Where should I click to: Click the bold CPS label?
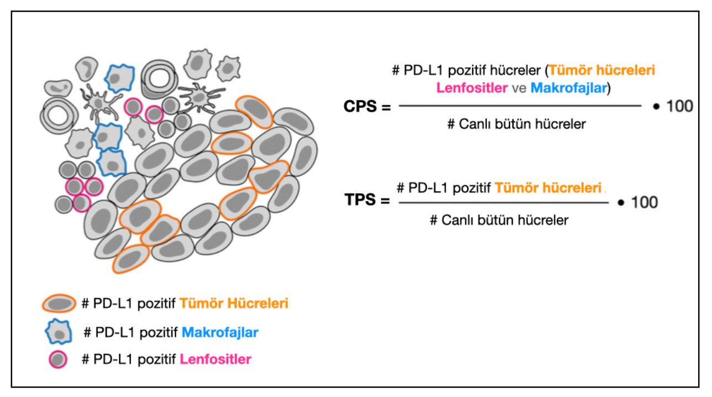coord(360,106)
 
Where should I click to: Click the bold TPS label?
coord(360,200)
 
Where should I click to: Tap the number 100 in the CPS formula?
coord(679,106)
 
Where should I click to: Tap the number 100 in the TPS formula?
coord(645,202)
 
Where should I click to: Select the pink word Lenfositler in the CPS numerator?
coord(472,88)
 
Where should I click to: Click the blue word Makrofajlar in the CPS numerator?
coord(569,88)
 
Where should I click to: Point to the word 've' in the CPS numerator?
coord(519,88)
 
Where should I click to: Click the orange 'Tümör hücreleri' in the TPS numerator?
coord(548,188)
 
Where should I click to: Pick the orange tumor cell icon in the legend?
coord(59,304)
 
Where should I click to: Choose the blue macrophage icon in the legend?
coord(59,332)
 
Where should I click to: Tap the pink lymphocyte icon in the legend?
coord(58,359)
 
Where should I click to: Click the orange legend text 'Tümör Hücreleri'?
coord(234,303)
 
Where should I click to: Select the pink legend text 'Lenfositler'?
coord(216,359)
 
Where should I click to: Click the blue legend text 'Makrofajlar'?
coord(220,332)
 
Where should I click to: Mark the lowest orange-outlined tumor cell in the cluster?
coord(130,259)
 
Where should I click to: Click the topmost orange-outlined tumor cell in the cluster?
coord(254,112)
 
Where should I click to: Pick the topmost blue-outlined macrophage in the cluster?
coord(119,78)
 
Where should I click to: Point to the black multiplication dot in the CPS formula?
coord(656,107)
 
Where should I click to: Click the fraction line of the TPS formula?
coord(504,203)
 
